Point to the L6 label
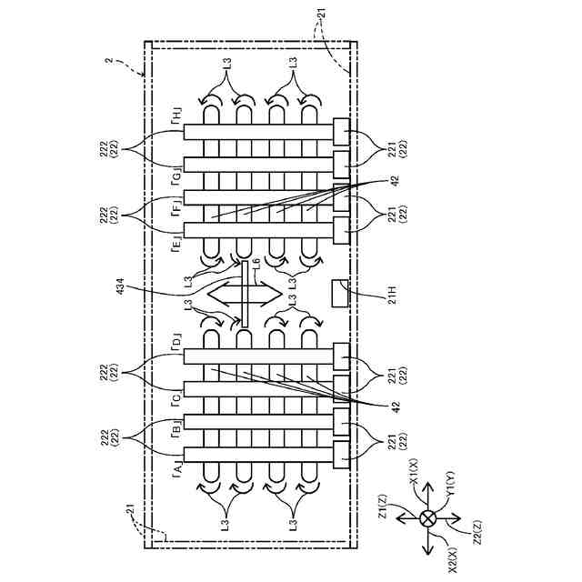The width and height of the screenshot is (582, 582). click(256, 263)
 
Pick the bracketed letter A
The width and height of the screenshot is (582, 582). click(176, 467)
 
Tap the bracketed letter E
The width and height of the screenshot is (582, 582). click(176, 243)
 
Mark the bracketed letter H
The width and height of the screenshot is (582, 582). click(176, 115)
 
